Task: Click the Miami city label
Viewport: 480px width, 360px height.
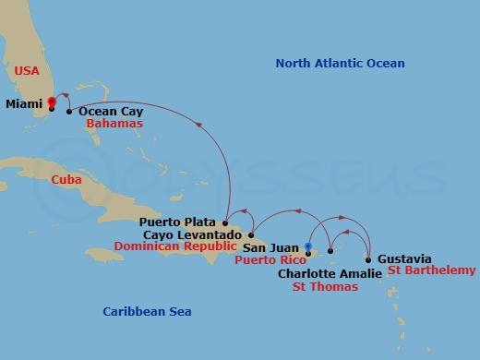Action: tap(23, 104)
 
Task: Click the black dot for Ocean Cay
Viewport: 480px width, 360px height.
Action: tap(69, 112)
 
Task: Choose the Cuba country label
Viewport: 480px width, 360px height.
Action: tap(66, 180)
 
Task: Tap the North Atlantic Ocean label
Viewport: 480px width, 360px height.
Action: tap(341, 63)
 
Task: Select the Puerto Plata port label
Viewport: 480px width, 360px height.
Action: tap(179, 222)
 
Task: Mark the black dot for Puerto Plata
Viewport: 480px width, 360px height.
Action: tap(225, 222)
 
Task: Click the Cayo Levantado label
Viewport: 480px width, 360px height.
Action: tap(193, 235)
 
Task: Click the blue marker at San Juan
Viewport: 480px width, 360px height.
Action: tap(308, 246)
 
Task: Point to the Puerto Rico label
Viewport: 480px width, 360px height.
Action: tap(273, 259)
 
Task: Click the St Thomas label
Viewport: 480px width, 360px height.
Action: tap(325, 286)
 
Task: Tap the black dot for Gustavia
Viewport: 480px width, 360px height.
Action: tap(368, 259)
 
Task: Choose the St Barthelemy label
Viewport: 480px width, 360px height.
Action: tap(431, 270)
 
